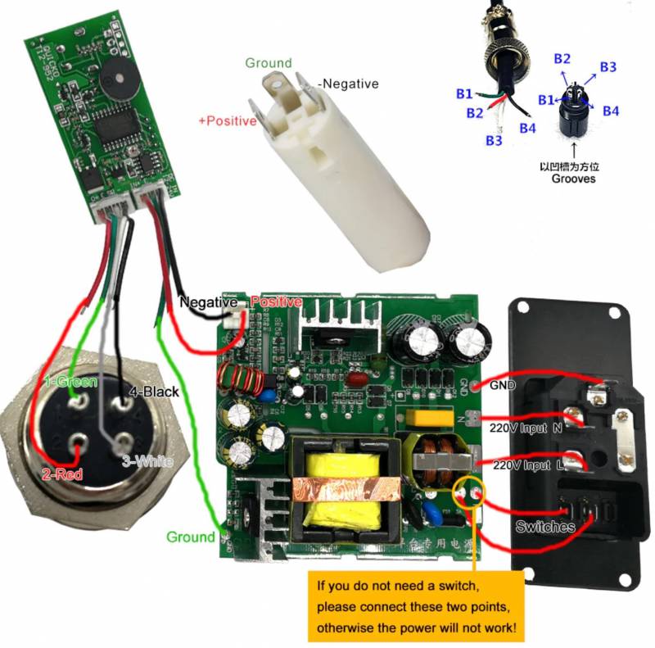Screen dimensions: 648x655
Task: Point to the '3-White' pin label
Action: (x=147, y=462)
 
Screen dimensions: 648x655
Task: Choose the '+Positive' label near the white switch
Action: (x=228, y=121)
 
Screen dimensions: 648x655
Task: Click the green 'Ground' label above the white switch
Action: (x=268, y=63)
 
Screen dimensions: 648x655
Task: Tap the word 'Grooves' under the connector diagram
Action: (x=573, y=178)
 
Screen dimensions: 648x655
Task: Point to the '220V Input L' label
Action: (x=525, y=465)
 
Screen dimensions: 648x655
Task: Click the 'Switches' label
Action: (x=544, y=527)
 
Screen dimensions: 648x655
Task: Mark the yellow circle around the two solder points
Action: (x=468, y=492)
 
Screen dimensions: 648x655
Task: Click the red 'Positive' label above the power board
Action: (x=277, y=302)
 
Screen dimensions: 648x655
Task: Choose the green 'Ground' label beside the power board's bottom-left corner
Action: (x=190, y=537)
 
